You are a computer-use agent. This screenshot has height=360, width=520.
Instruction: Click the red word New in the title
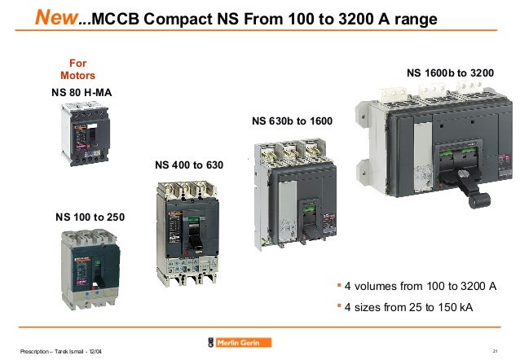[x=57, y=17]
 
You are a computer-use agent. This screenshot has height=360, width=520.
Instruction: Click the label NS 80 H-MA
[x=77, y=93]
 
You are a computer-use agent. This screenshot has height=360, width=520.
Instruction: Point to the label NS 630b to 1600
[x=292, y=122]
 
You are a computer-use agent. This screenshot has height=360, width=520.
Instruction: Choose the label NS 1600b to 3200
[x=449, y=73]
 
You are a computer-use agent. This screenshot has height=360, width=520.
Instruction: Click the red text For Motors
[x=78, y=68]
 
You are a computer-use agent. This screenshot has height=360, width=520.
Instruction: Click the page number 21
[x=496, y=350]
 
